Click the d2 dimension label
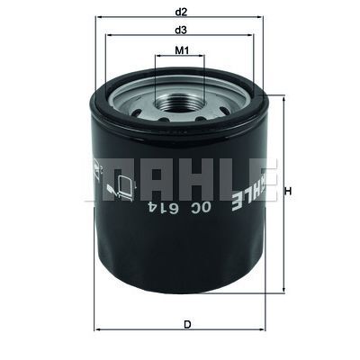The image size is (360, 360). [x=181, y=12]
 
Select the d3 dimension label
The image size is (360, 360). [x=181, y=31]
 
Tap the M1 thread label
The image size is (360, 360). [x=181, y=51]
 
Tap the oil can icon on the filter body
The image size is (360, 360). [x=118, y=186]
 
